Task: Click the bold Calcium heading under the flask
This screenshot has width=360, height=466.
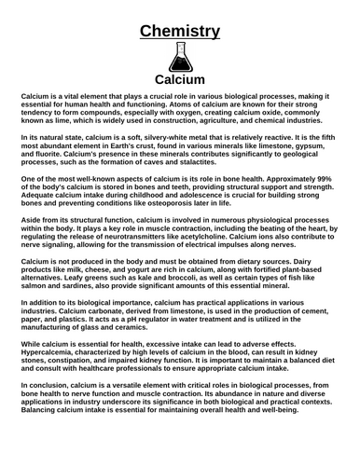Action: point(180,80)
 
